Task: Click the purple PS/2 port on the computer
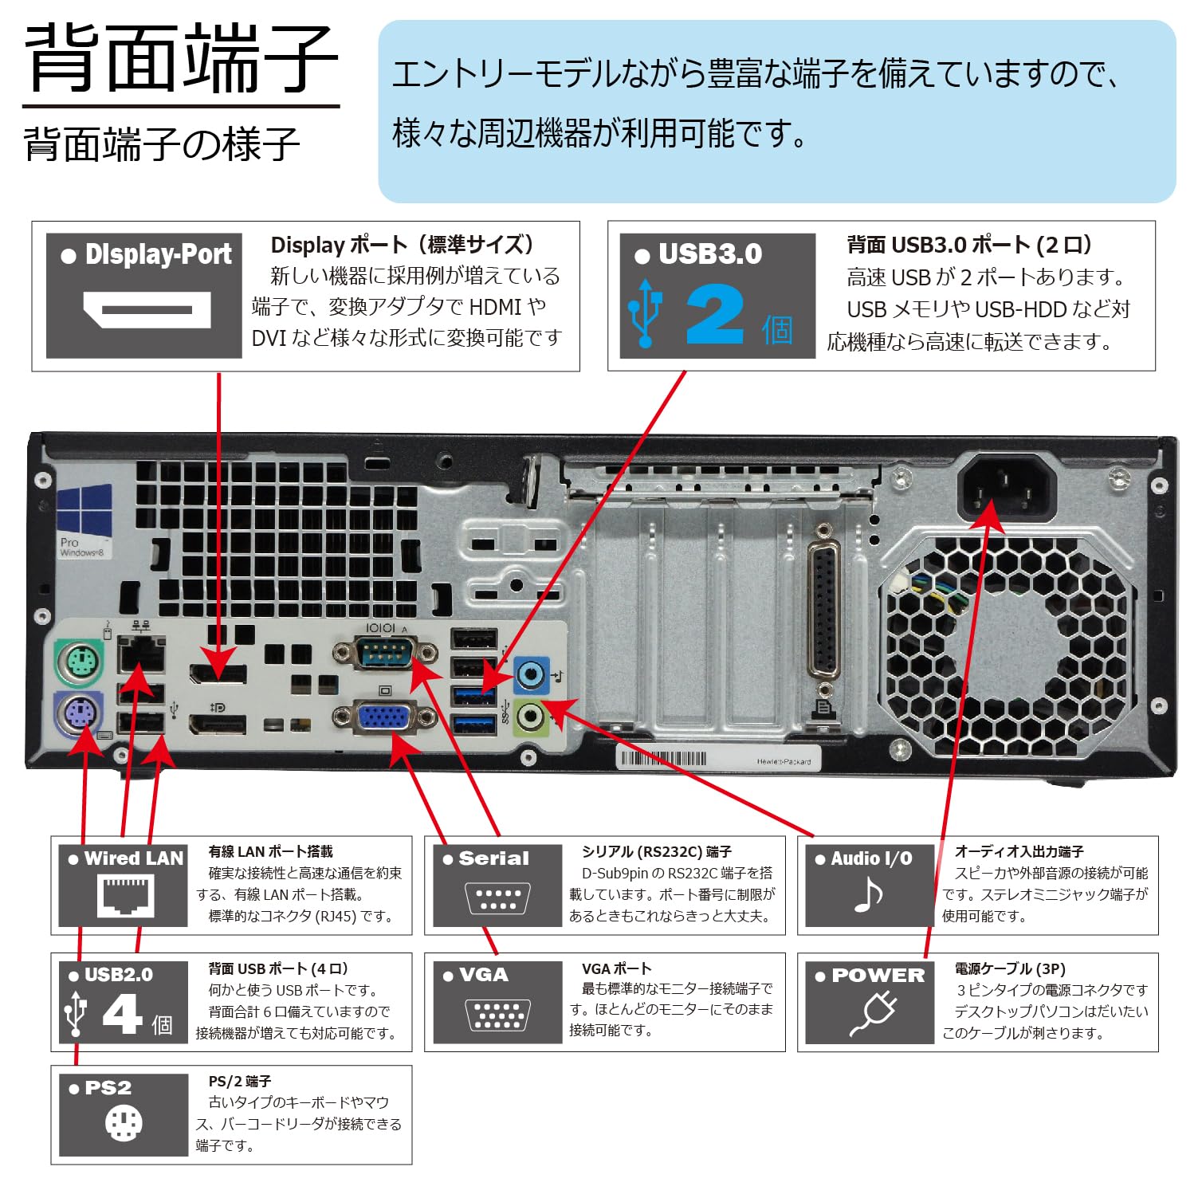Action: (78, 715)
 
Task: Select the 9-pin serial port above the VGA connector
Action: (384, 655)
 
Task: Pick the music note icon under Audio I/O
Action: (868, 895)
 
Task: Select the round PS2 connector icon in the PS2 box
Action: (124, 1124)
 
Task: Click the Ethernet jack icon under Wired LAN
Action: (125, 894)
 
